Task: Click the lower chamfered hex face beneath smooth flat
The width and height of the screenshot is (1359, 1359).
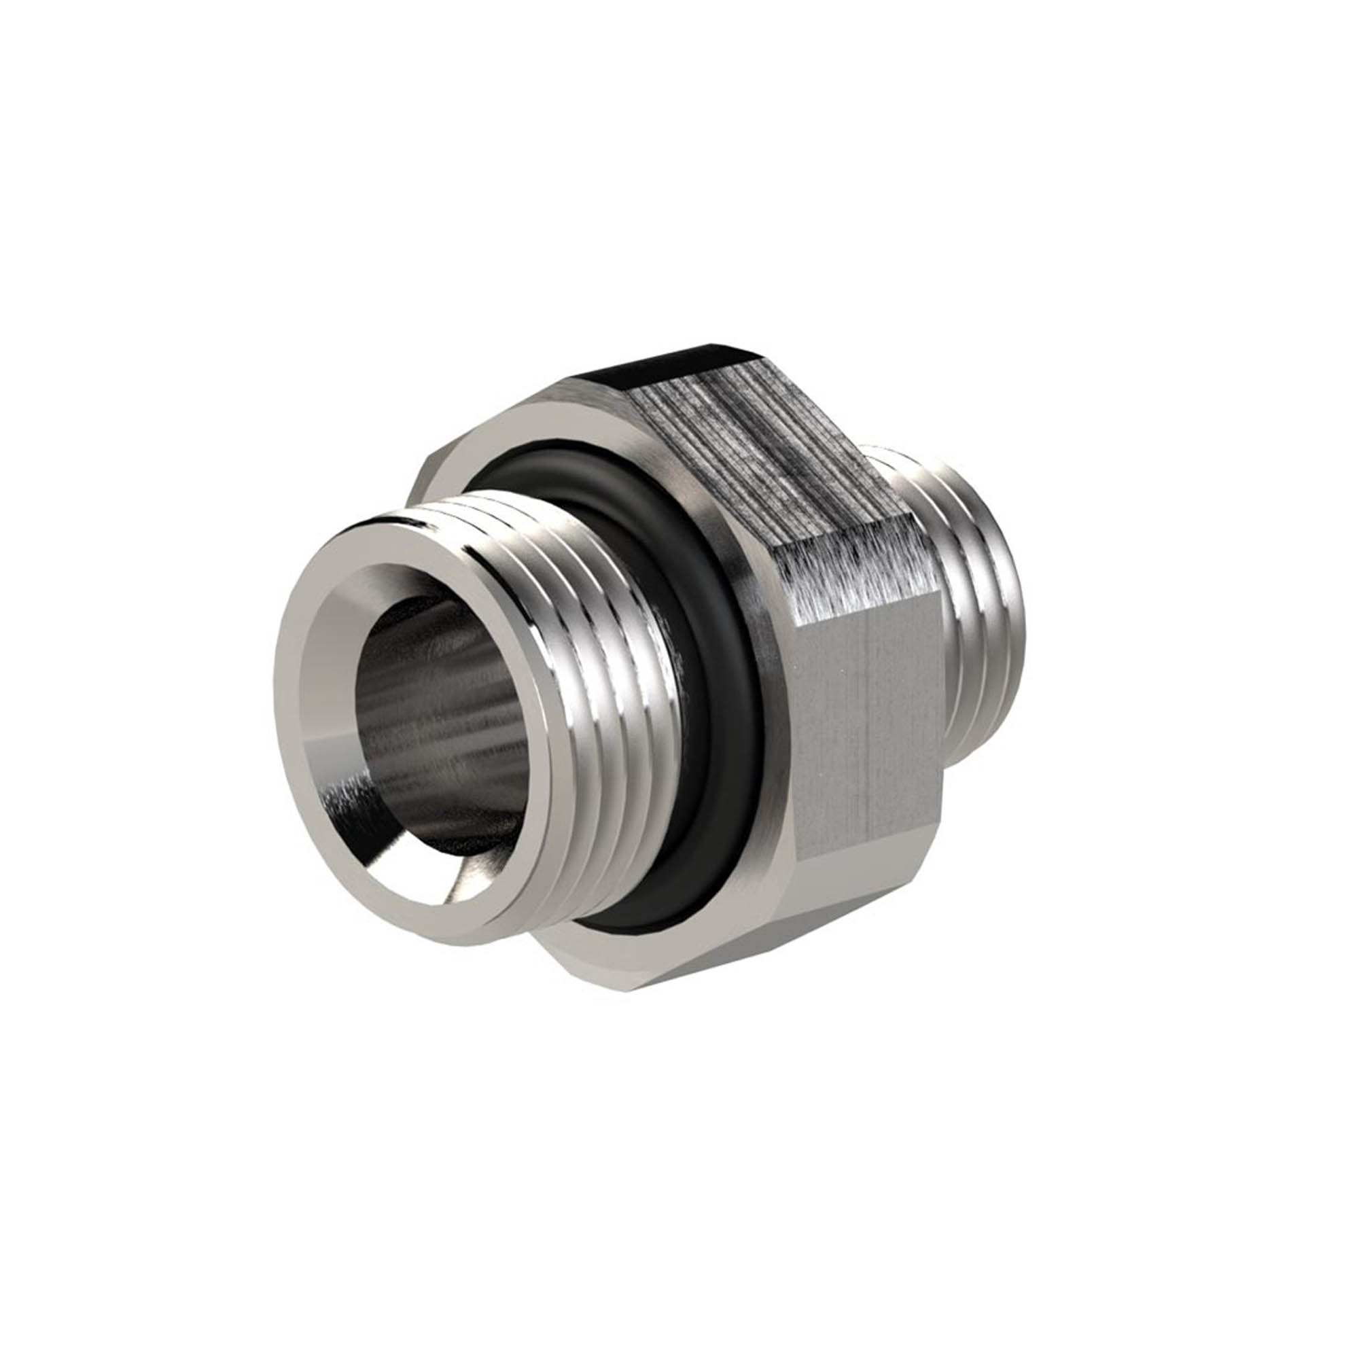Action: (809, 921)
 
